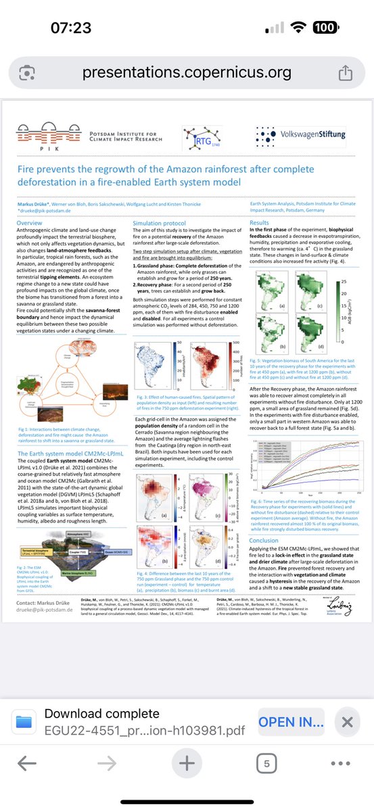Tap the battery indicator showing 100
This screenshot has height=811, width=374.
tap(325, 28)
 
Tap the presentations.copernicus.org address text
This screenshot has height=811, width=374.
tap(186, 72)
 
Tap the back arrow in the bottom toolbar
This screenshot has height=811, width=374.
tap(27, 764)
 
